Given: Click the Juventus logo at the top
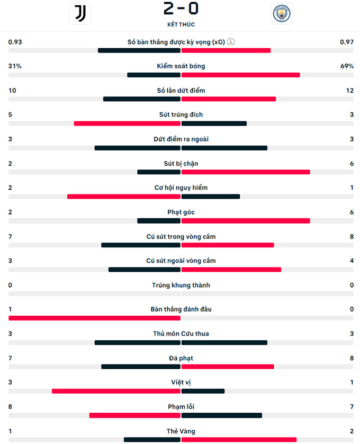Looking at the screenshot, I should (x=80, y=14).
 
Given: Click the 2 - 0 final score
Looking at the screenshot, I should (x=181, y=9).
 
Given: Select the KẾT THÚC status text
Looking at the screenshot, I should (x=181, y=24).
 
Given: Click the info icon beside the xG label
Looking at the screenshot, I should (x=231, y=42).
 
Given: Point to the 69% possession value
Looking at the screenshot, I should (x=347, y=66).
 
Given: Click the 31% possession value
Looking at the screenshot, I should (x=15, y=66).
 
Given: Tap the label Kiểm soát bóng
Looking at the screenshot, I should (x=181, y=66).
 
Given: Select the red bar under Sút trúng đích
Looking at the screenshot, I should (x=127, y=123).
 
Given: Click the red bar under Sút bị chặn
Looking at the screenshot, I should (x=246, y=172).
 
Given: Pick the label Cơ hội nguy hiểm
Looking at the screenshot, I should (x=181, y=188).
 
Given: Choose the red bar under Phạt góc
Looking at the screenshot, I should (x=246, y=220).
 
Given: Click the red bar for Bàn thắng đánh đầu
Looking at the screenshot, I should (x=94, y=318).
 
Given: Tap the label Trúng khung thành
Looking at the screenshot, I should (x=181, y=285).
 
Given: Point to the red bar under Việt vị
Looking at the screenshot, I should (x=116, y=391).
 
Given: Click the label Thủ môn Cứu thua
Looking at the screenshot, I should (x=181, y=334).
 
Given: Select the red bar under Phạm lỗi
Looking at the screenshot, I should (x=135, y=415).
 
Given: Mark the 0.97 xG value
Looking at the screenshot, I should (x=347, y=42).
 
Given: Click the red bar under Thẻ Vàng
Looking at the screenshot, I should (x=239, y=440).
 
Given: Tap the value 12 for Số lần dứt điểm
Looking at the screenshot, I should (x=349, y=91).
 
